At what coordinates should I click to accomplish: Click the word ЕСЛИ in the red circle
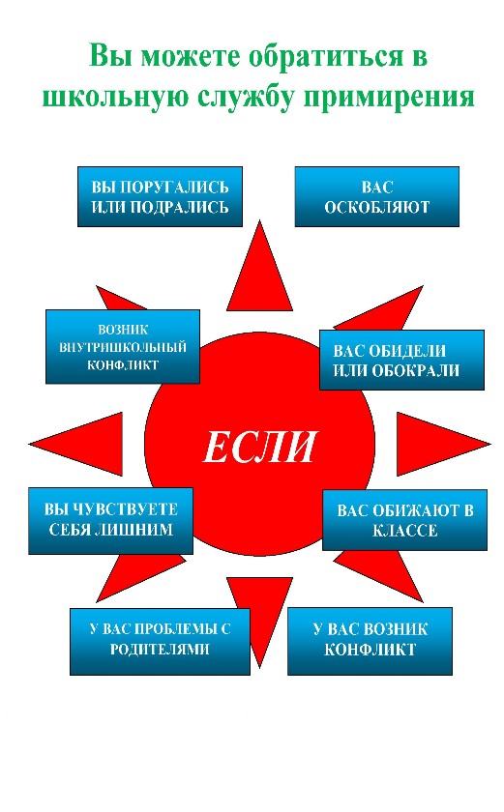coord(259,447)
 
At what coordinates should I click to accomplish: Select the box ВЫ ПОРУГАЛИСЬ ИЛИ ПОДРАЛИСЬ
coord(160,196)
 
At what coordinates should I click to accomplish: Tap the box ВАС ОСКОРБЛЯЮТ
coord(377,196)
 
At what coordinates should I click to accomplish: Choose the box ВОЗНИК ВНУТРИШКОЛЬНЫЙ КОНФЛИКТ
coord(123,346)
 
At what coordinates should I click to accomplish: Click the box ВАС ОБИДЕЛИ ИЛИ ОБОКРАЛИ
coord(402,360)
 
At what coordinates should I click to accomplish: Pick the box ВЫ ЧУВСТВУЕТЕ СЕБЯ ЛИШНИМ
coord(111,521)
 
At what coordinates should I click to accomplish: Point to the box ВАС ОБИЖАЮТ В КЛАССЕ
coord(405,520)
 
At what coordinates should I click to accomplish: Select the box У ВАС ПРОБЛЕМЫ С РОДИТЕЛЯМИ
coord(160,641)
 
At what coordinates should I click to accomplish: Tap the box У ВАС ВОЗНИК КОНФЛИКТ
coord(370,641)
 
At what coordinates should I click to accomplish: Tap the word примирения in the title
coord(389,97)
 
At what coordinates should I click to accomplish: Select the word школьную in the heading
coord(115,97)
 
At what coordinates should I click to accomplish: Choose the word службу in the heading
coord(246,97)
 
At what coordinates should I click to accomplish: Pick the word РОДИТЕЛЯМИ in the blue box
coord(160,649)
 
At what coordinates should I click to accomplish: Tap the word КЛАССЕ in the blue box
coord(405,531)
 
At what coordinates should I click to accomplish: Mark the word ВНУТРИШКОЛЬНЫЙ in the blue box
coord(123,347)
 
